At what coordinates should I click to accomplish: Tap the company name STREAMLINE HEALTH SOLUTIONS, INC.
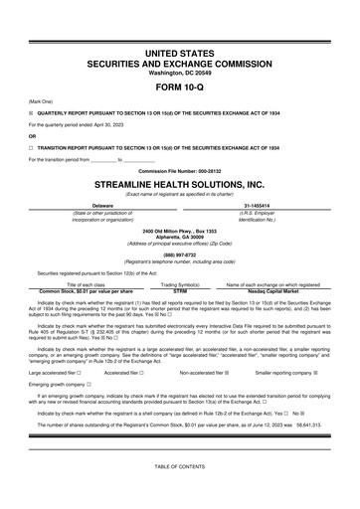click(x=180, y=184)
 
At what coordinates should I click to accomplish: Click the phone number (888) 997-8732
click(x=180, y=254)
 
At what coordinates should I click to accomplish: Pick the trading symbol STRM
click(x=180, y=289)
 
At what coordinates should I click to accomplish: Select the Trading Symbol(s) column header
click(x=180, y=283)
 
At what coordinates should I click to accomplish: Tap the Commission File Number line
click(x=180, y=170)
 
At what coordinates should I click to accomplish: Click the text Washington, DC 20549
click(x=180, y=71)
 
